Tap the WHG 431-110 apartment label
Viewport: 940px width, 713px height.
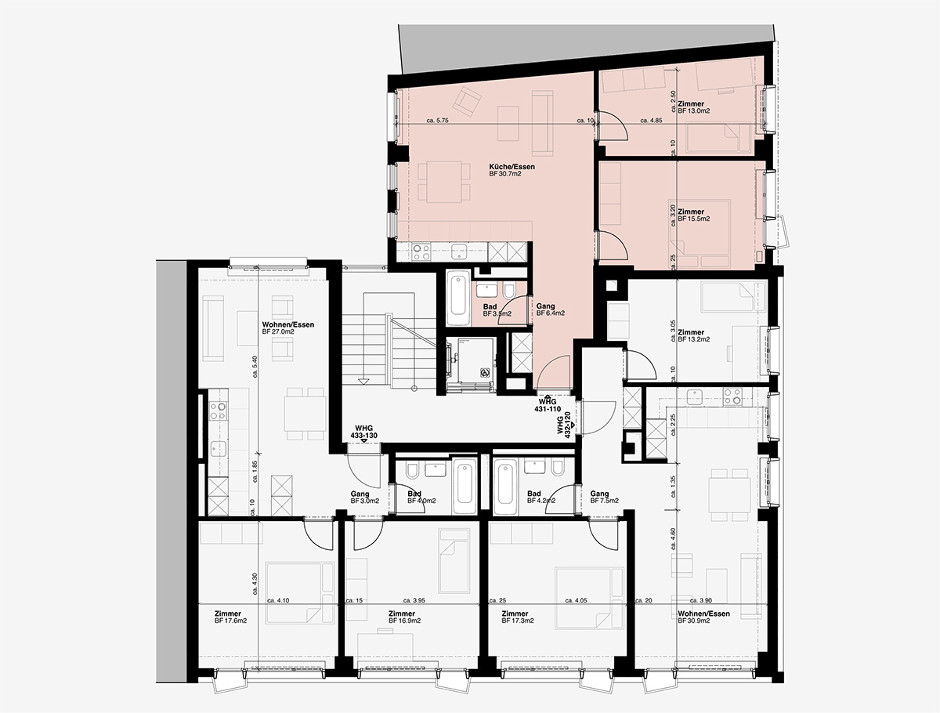click(x=547, y=405)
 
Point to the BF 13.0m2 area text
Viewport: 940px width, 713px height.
click(x=694, y=111)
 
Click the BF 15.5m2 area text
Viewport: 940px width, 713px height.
click(x=694, y=219)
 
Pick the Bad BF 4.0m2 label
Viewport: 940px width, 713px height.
click(x=421, y=497)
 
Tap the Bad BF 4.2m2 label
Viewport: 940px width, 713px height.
click(x=540, y=497)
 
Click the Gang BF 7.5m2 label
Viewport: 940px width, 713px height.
click(x=604, y=497)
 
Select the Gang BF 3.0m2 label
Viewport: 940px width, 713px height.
click(x=364, y=497)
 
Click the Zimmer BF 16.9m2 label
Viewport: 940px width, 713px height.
click(x=404, y=617)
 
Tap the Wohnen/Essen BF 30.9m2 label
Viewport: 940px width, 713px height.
click(x=704, y=617)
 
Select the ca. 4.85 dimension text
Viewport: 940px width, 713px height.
click(x=652, y=121)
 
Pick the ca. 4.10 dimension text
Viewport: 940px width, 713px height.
click(x=279, y=601)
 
